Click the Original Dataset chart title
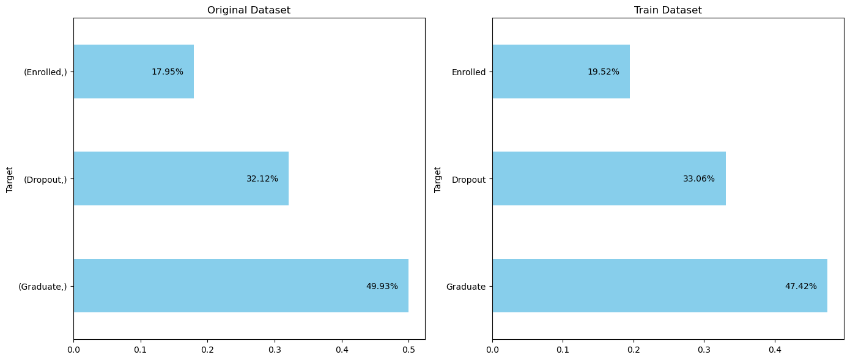click(x=249, y=10)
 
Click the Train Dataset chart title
click(x=668, y=10)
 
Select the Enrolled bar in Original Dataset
click(x=133, y=72)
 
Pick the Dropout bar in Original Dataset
click(x=181, y=178)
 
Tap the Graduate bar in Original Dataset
click(x=241, y=286)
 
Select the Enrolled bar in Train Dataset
click(x=561, y=72)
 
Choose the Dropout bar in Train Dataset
click(x=608, y=178)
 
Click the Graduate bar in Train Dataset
click(x=659, y=286)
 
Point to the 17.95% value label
click(x=168, y=72)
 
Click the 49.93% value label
click(x=382, y=286)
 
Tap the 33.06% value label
click(x=699, y=179)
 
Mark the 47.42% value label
click(x=801, y=286)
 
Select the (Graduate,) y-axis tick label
click(x=42, y=286)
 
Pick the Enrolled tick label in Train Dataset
click(x=468, y=72)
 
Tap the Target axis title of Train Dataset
click(x=438, y=178)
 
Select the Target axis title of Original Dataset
click(x=10, y=178)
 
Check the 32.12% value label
click(x=262, y=179)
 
